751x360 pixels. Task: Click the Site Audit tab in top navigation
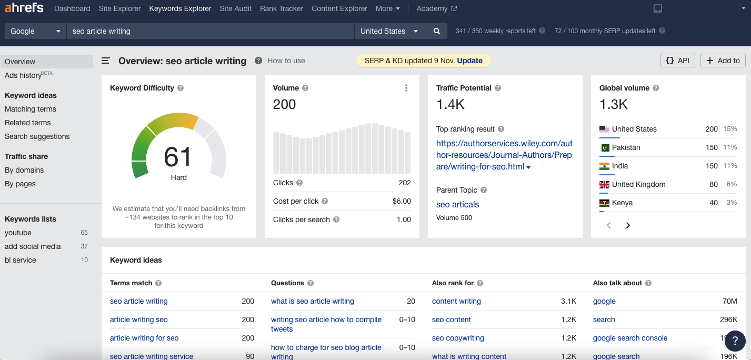coord(235,8)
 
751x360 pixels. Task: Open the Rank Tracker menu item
coord(282,8)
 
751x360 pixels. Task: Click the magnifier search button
coord(436,31)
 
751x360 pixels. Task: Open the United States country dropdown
coord(389,31)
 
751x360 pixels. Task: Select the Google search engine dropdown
coord(35,31)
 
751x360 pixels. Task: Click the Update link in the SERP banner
coord(469,61)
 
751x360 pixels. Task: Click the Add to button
coord(723,61)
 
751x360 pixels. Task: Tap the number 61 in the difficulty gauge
coord(178,157)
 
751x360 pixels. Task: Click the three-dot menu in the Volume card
coord(406,88)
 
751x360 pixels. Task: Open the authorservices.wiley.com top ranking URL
coord(504,155)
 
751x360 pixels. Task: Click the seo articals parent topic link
coord(457,204)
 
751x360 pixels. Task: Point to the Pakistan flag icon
coord(605,147)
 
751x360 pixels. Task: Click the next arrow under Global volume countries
coord(628,225)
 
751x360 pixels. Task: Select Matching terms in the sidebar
coord(31,109)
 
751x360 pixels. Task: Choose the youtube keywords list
coord(18,233)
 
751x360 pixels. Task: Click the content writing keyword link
coord(456,301)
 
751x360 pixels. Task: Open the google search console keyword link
coord(630,338)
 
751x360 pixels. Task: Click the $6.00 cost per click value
coord(402,201)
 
